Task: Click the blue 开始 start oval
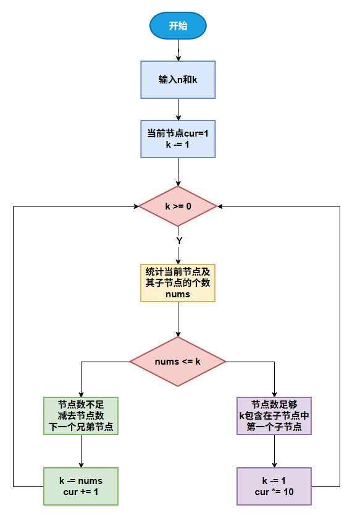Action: pos(178,26)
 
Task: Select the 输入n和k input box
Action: pos(178,80)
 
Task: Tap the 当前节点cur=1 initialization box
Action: pos(178,139)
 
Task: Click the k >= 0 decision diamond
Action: pos(178,206)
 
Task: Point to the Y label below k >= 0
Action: pos(178,239)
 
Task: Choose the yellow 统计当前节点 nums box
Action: pos(178,283)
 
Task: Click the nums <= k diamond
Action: pos(178,362)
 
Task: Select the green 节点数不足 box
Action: pos(81,415)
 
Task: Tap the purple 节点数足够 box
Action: pos(274,415)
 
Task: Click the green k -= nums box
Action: pos(81,486)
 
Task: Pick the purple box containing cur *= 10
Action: pos(274,486)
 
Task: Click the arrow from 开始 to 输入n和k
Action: pos(178,49)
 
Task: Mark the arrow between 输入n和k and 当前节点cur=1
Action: pos(178,109)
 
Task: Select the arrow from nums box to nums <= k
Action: pos(178,320)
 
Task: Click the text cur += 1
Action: pos(81,492)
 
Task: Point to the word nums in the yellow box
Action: pos(178,295)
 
